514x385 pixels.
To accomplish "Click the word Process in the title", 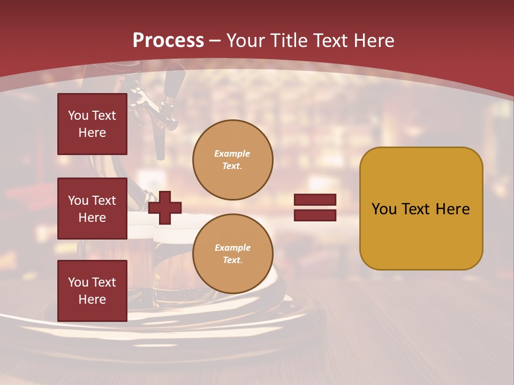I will tap(168, 41).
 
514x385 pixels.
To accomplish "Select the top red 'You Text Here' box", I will tap(92, 124).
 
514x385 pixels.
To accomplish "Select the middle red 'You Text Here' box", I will tap(92, 209).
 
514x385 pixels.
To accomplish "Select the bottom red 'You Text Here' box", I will tap(92, 291).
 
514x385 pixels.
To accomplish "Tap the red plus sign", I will tap(165, 208).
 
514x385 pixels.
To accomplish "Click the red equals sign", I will tap(315, 207).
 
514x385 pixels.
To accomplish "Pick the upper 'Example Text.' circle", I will tap(232, 159).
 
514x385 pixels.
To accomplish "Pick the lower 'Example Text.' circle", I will tap(232, 253).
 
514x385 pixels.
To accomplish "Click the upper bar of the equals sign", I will tap(315, 200).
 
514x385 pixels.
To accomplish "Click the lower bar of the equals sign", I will tap(315, 215).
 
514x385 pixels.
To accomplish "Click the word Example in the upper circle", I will tap(232, 153).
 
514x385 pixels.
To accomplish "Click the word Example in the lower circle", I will tap(232, 248).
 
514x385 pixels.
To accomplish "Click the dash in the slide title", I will tap(215, 41).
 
